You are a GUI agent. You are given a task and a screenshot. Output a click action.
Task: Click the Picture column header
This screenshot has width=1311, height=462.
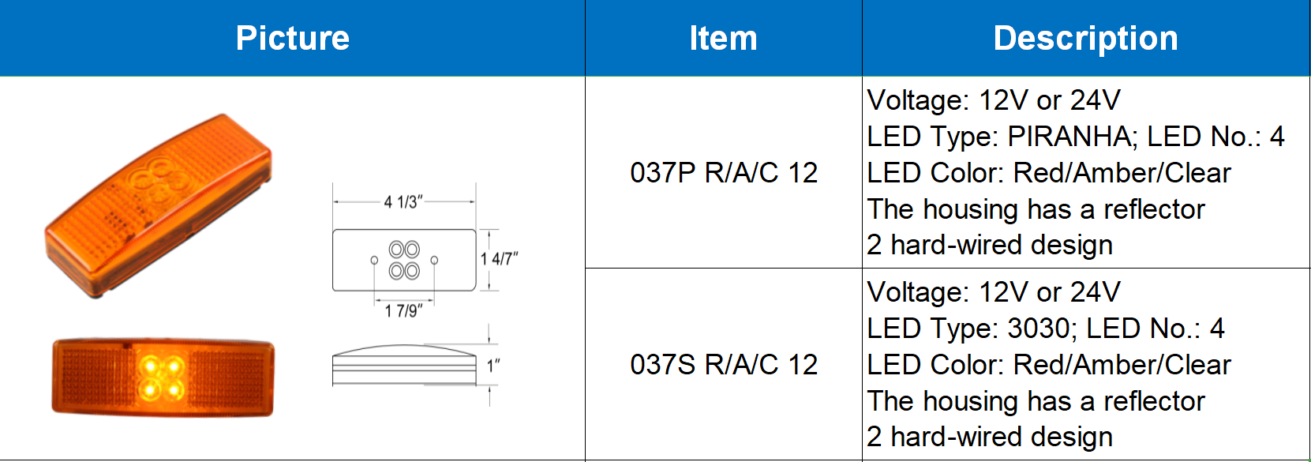coord(292,38)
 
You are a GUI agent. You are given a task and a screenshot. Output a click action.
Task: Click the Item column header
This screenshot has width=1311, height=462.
coord(723,38)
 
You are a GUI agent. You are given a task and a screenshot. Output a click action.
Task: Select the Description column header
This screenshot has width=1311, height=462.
coord(1085,38)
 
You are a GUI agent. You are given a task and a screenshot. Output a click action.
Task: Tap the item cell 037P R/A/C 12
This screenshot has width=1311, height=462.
coord(723,172)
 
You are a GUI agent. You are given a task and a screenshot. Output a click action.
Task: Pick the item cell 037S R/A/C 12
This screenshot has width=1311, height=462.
coord(723,364)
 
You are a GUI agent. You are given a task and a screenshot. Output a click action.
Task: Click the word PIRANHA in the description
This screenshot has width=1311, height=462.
coord(1071,137)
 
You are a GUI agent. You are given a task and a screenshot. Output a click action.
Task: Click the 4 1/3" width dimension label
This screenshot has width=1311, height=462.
coord(403,202)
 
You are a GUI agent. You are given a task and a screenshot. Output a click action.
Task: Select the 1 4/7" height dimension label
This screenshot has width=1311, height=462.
coord(499,259)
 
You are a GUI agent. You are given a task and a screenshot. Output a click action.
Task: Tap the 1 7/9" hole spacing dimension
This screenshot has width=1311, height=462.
coord(403,311)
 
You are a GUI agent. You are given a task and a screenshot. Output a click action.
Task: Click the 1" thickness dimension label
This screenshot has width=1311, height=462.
coord(493,366)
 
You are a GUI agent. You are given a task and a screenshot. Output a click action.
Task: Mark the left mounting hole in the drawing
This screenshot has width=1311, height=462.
coord(374,260)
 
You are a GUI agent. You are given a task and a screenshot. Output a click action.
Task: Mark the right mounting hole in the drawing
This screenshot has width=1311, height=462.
coord(434,260)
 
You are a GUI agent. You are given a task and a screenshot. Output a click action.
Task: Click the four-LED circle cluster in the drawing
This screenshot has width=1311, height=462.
coord(404,261)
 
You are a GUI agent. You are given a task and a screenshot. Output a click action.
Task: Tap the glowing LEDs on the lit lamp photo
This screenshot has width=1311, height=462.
coord(161,377)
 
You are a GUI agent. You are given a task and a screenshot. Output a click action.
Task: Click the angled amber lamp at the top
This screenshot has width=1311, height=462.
coord(158,205)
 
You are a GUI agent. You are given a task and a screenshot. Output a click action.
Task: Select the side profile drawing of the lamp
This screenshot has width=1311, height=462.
coord(404,365)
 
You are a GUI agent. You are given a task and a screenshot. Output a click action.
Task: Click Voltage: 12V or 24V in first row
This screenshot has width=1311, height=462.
coord(993,100)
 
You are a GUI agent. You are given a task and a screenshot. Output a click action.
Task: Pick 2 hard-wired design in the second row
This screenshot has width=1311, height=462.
coord(989,437)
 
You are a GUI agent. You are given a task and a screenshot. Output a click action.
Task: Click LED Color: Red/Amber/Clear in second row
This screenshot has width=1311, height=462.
coord(1048,365)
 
